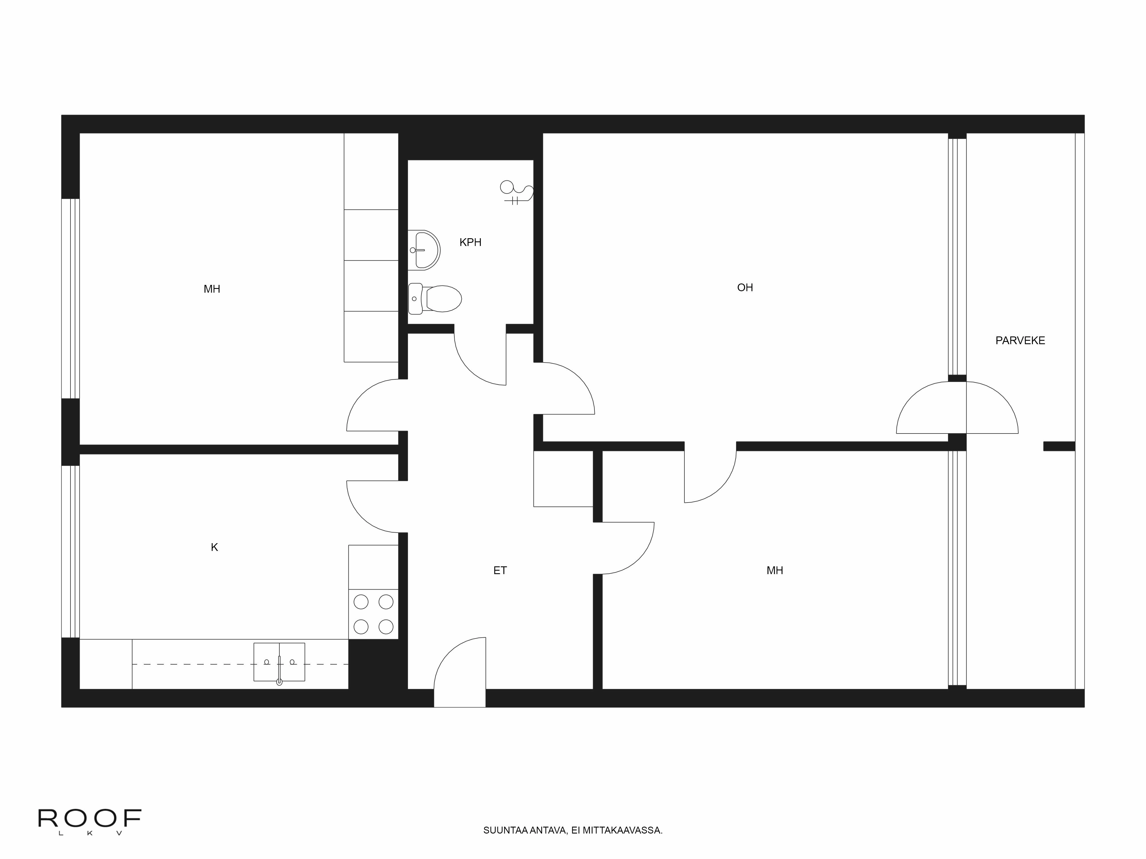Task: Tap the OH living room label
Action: click(x=745, y=288)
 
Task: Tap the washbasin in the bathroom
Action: click(x=424, y=250)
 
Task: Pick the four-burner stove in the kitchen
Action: click(x=373, y=614)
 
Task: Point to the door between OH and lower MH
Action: click(x=710, y=476)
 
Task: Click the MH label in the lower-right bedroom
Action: click(x=774, y=571)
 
